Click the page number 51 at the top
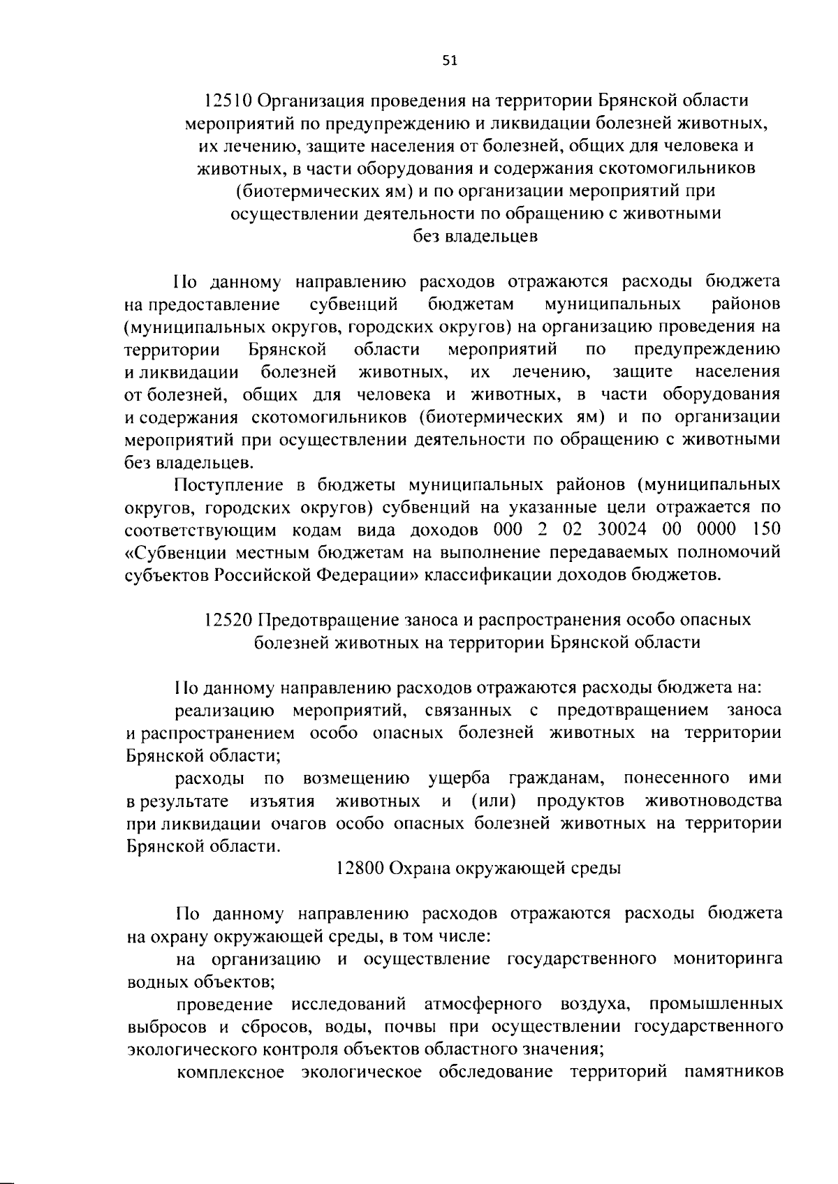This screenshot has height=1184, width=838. (450, 61)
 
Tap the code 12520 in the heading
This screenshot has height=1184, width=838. (228, 619)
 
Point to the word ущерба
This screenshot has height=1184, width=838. (459, 778)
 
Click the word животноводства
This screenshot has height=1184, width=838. (714, 800)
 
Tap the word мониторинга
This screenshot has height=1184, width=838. (727, 959)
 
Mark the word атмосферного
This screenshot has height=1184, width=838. (483, 1005)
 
